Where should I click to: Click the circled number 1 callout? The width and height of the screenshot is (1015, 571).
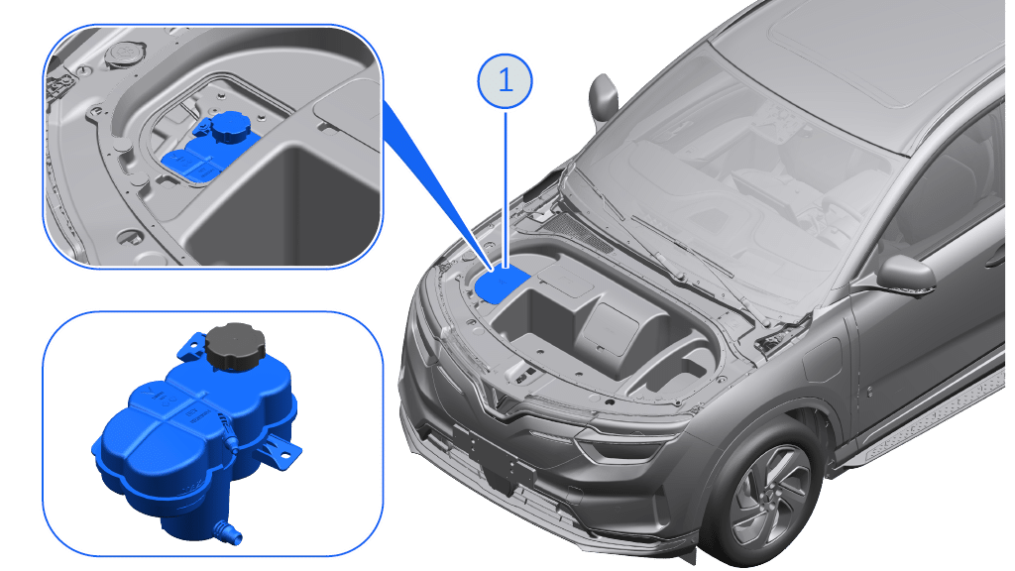[x=505, y=81]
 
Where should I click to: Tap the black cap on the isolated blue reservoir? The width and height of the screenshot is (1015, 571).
[x=235, y=347]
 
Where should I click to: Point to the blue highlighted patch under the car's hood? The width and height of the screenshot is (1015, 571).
[x=503, y=285]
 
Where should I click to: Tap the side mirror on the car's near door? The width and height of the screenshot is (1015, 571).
[x=905, y=275]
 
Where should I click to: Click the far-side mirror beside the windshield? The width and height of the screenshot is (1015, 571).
[x=603, y=96]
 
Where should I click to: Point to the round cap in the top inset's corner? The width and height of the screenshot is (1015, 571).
[x=122, y=54]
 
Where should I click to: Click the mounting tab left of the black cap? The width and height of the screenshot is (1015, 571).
[x=192, y=346]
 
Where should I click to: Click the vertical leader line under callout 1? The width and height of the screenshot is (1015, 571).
[x=505, y=187]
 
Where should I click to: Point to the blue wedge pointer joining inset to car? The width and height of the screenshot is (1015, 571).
[x=435, y=187]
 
